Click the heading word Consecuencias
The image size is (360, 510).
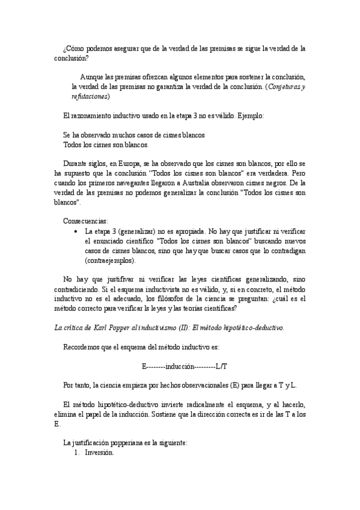pyautogui.click(x=85, y=221)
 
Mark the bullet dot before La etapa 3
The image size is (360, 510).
pyautogui.click(x=75, y=230)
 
